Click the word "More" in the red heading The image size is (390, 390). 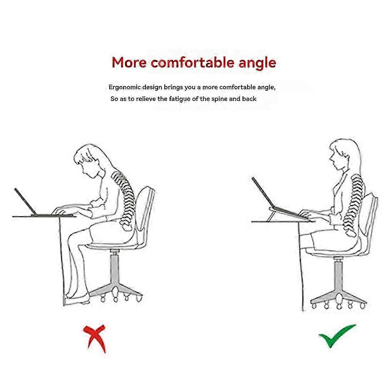click(x=129, y=62)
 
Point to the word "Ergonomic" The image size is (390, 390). click(x=124, y=87)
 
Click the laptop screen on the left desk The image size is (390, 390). click(x=24, y=201)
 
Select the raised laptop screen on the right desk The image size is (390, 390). click(x=262, y=192)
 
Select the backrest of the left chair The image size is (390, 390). click(x=145, y=210)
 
